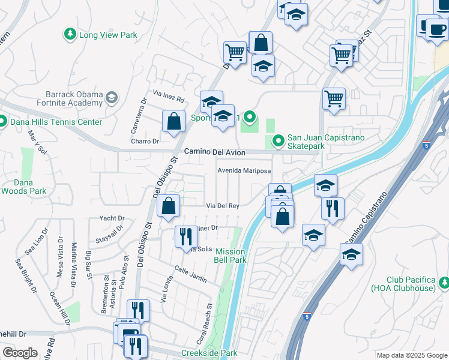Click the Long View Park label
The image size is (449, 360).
pos(108,35)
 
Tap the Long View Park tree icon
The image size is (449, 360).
pos(71,34)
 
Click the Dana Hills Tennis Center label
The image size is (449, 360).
pos(56,122)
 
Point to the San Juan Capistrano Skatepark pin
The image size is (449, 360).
pos(278,141)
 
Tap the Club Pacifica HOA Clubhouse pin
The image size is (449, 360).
pos(444,282)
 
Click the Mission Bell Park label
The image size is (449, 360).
pos(231,256)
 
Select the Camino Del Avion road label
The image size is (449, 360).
pos(214,153)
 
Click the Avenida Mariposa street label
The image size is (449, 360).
pos(244,170)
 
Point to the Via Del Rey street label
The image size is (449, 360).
pos(223,206)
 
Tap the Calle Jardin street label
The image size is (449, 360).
pos(191,275)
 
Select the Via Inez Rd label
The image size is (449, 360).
pos(168,95)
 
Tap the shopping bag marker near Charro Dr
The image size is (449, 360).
pos(173,121)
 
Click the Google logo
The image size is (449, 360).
pos(20,353)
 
